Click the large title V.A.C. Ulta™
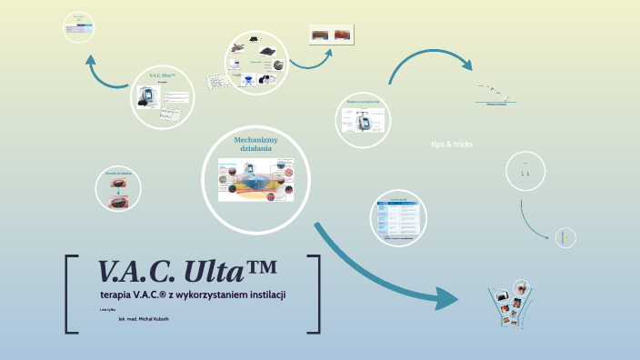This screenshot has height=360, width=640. point(187,271)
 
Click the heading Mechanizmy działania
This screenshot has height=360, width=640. point(255,145)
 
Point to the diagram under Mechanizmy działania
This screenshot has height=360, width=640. point(256,183)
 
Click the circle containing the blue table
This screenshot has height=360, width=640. point(398,217)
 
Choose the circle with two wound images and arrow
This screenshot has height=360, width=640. point(118,189)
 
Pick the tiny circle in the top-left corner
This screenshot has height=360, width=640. point(80,28)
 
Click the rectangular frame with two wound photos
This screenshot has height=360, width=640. point(332,35)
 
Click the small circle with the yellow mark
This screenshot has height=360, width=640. point(565,237)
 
